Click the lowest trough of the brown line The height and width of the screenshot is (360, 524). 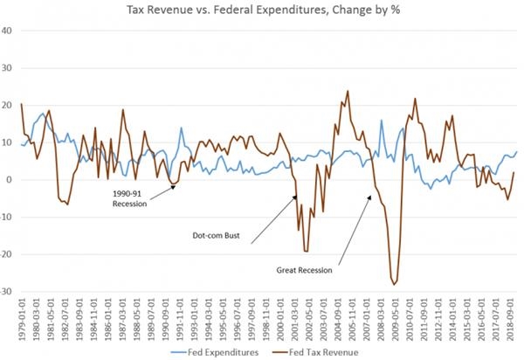395,284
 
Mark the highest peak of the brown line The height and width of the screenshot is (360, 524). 348,91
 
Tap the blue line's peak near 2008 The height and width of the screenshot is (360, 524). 381,121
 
